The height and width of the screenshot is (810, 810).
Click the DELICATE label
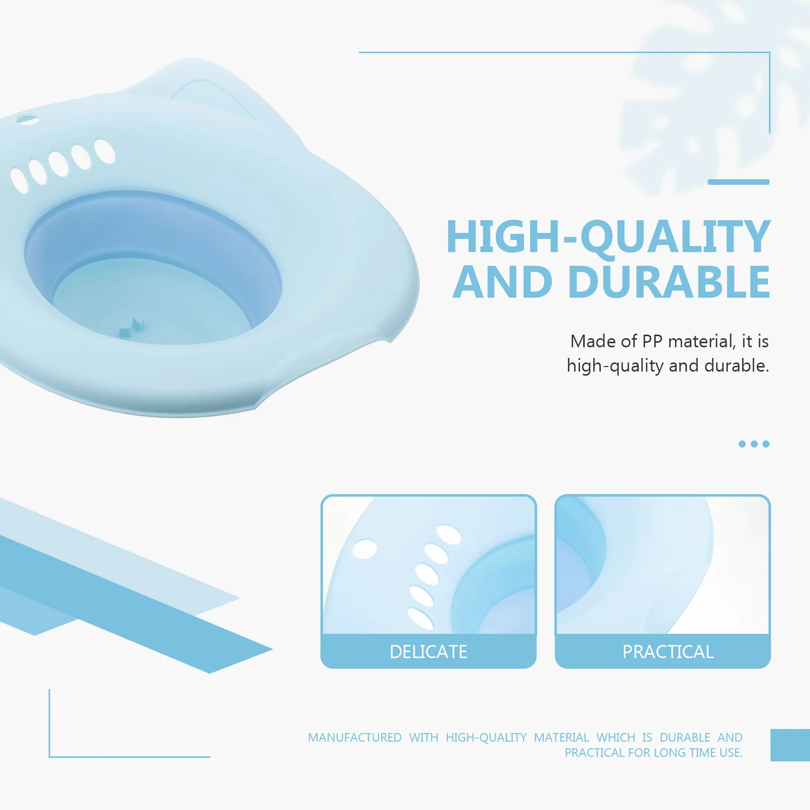point(428,652)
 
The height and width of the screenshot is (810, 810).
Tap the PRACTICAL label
point(668,652)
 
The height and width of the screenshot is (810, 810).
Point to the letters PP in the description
point(652,341)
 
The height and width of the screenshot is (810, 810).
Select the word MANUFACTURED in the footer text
point(354,738)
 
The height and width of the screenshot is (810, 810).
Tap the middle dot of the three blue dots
point(754,444)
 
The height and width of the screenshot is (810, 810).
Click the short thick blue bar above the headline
point(738,182)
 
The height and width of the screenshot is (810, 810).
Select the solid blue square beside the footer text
point(790,745)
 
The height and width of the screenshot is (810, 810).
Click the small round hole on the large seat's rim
point(27,120)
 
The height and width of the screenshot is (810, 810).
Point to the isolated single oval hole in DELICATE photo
point(364,549)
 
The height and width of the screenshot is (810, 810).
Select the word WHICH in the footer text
point(616,738)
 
